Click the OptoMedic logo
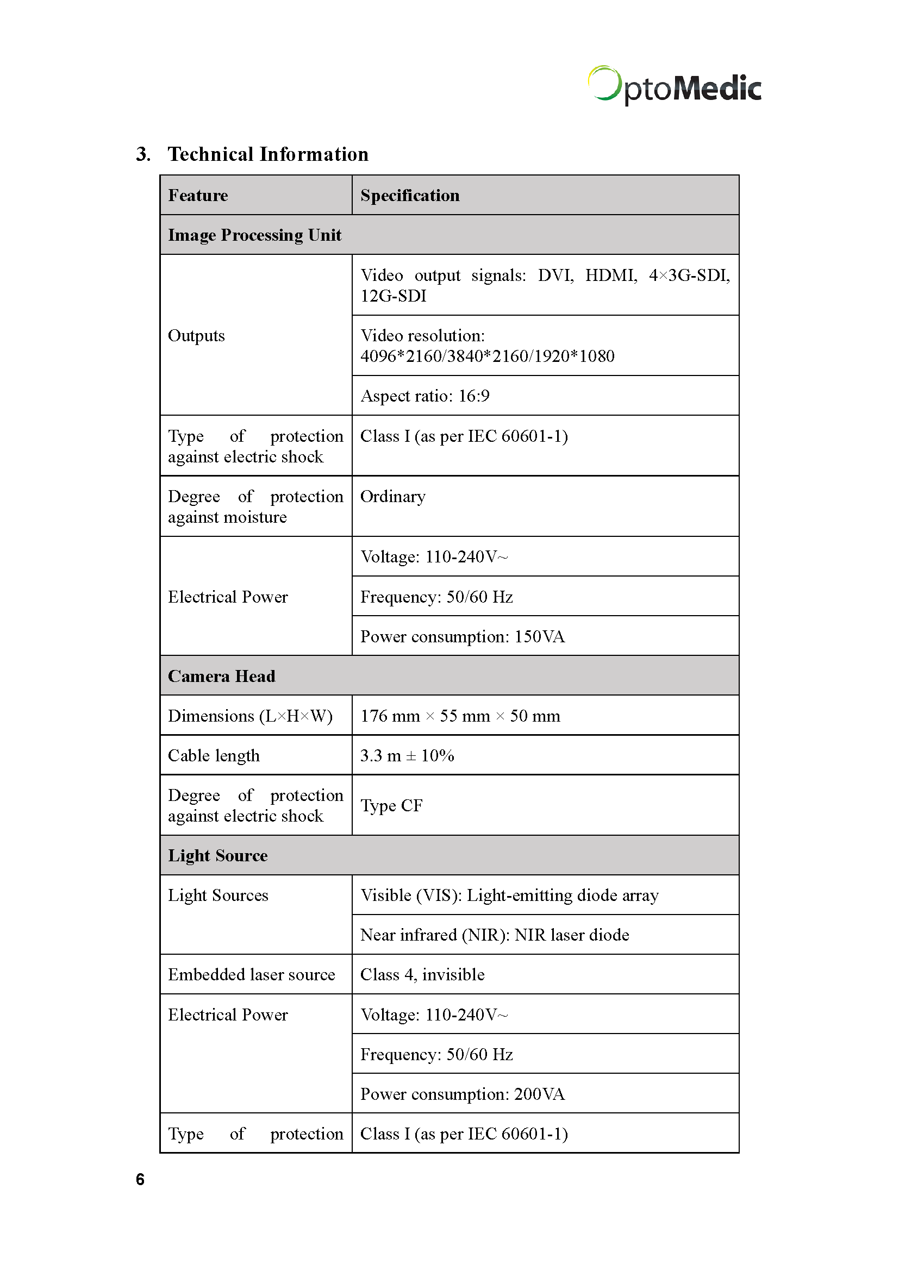coord(674,86)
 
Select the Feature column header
coord(198,196)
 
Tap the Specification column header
coord(410,196)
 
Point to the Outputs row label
coord(197,335)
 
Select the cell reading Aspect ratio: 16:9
coord(424,396)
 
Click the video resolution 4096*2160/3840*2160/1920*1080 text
coord(487,356)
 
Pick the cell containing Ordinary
coord(393,497)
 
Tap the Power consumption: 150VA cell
coord(462,637)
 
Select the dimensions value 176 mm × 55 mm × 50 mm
coord(460,716)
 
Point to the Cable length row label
coord(214,756)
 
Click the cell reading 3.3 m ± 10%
coord(407,756)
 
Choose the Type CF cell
coord(391,805)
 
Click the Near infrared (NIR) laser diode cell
coord(494,935)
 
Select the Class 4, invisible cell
coord(422,975)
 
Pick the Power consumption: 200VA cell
coord(462,1094)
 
